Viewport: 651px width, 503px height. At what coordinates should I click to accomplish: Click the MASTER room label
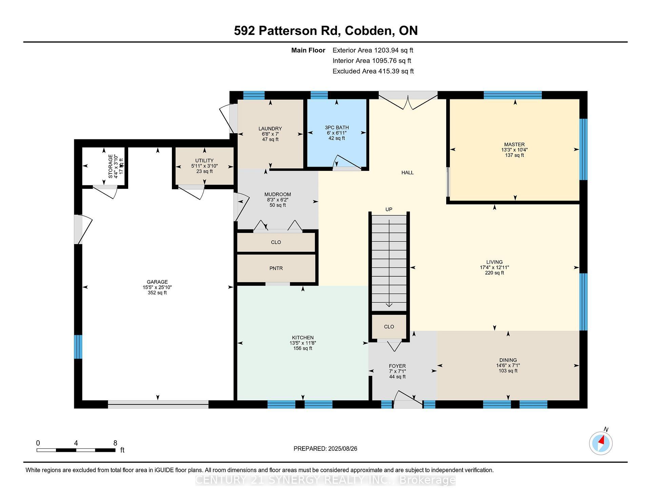point(514,144)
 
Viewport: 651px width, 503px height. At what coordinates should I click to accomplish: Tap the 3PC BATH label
point(336,127)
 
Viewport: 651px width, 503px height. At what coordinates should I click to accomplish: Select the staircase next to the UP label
point(389,263)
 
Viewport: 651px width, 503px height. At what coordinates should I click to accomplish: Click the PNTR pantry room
point(276,268)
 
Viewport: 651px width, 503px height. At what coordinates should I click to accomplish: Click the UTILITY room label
point(204,161)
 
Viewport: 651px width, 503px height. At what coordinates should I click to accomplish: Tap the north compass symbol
point(601,443)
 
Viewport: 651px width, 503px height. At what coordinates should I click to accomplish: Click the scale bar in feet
point(76,450)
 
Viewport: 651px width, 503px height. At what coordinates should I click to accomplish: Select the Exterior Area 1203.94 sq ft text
point(373,51)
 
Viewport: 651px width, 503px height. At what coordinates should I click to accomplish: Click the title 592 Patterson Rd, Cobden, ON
point(325,31)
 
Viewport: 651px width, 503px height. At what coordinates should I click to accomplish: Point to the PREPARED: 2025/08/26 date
point(325,448)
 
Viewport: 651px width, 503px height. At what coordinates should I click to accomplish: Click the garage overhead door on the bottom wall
point(158,403)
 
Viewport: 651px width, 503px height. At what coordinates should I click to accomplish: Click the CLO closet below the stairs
point(389,327)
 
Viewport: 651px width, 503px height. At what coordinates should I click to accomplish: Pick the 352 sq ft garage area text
point(157,293)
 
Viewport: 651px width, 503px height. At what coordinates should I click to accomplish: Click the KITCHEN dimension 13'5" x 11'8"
point(302,343)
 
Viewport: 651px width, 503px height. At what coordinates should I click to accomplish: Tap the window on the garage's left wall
point(78,347)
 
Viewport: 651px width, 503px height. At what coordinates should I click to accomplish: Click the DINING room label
point(508,360)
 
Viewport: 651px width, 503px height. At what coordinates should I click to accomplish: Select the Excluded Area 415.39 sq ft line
point(373,72)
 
